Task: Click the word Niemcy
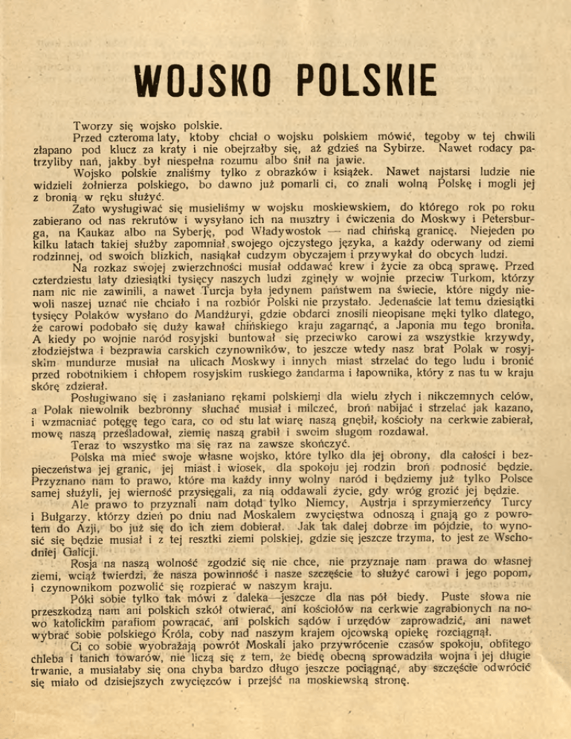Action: [x=290, y=506]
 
